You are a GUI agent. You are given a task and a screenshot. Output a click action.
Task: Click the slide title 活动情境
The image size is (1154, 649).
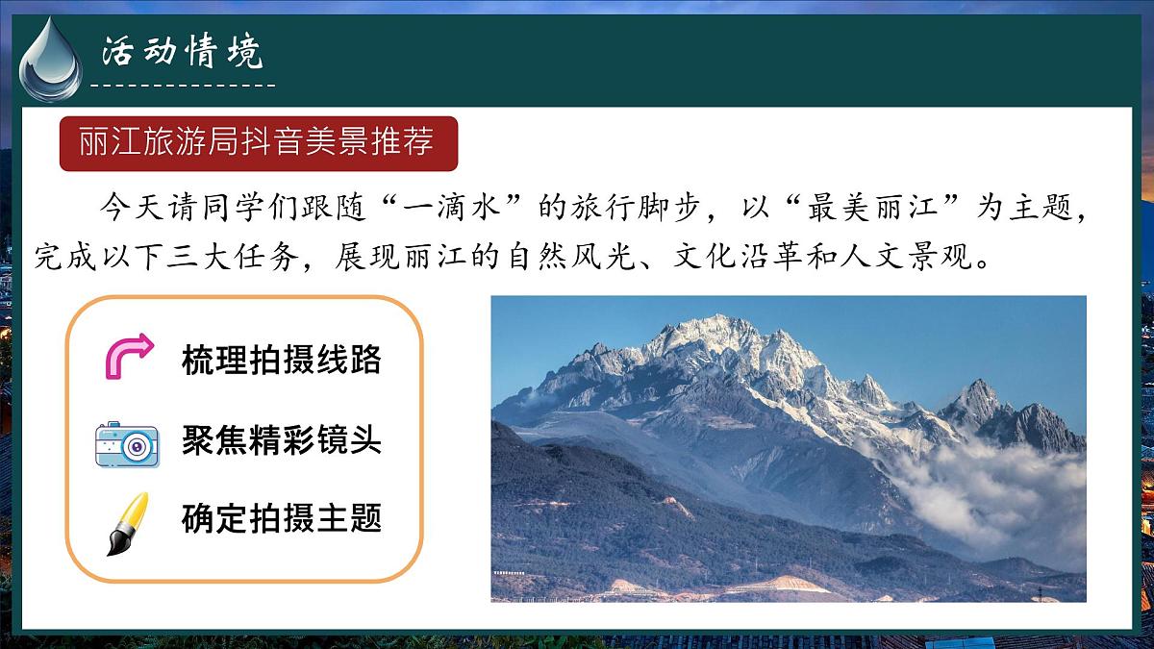click(182, 53)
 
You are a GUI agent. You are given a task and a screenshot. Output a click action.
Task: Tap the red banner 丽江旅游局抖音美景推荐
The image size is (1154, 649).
click(257, 142)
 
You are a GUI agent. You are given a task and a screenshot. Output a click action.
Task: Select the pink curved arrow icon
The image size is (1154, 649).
click(128, 357)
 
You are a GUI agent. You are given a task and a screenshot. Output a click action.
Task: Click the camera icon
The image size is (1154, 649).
click(127, 443)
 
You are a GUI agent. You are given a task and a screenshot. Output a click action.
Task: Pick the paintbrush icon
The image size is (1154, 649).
click(127, 523)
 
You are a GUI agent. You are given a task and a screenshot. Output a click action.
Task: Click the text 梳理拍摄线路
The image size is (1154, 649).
click(281, 360)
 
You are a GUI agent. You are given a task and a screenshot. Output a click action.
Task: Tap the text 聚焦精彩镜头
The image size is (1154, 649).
click(281, 440)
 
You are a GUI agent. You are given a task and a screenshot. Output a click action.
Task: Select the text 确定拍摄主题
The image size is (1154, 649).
click(281, 518)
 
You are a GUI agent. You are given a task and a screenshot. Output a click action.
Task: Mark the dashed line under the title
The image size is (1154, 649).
click(182, 86)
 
